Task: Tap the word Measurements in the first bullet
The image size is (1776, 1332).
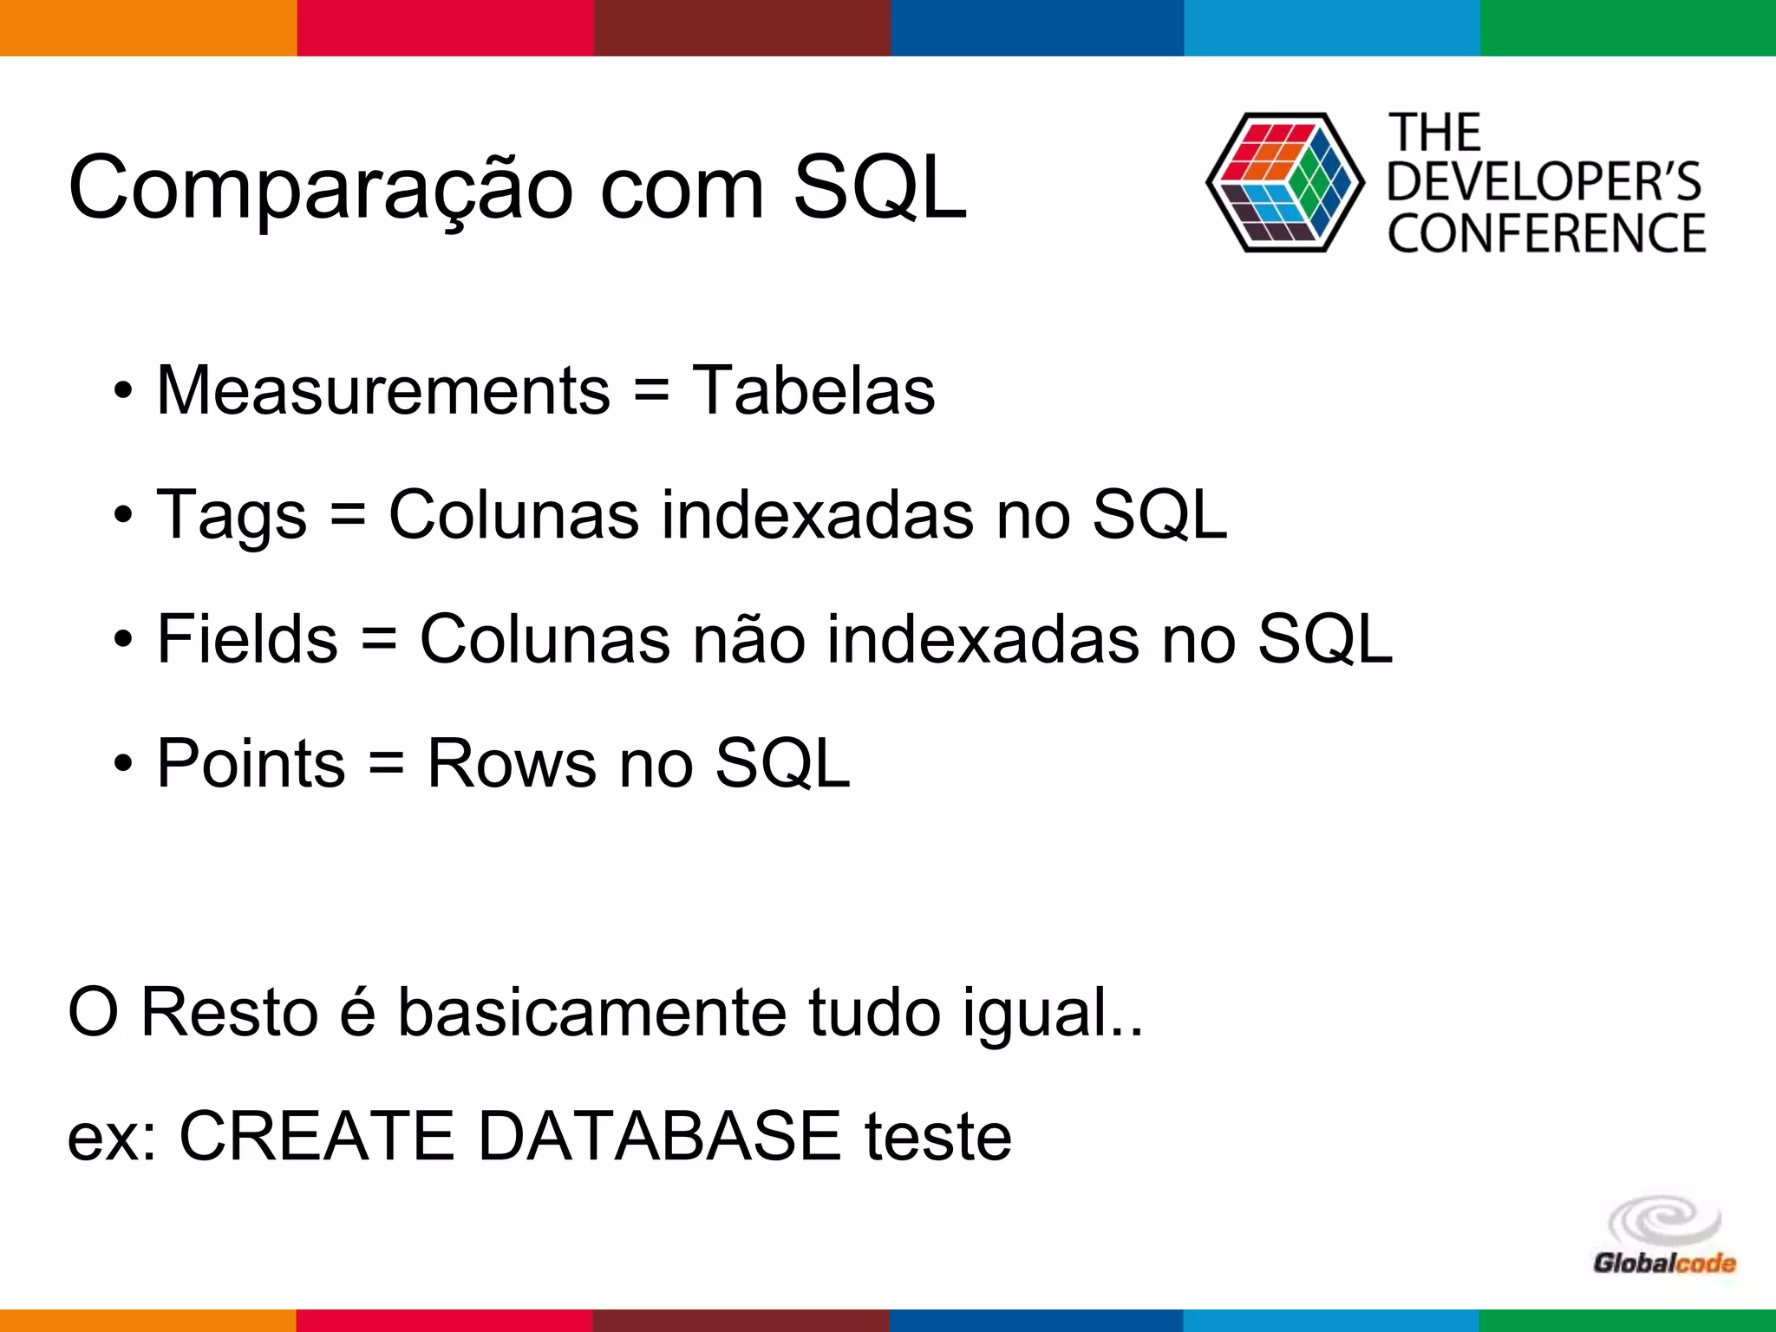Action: coord(383,390)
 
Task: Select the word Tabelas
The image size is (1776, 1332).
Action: coord(813,390)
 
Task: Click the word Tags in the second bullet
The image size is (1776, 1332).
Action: coord(232,516)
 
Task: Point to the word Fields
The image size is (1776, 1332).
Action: coord(247,639)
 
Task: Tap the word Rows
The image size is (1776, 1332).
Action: coord(512,764)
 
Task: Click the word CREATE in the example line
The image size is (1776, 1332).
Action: coord(317,1136)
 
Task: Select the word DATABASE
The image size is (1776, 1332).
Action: coord(659,1136)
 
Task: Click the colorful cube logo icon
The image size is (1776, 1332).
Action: coord(1284,182)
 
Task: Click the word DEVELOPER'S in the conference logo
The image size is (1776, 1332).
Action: coord(1544,182)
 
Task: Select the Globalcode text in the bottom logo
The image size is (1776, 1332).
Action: coord(1664,1263)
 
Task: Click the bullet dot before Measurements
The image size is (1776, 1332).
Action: coord(123,391)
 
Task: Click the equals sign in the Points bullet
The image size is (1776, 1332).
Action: coord(386,764)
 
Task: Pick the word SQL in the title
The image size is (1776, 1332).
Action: coord(879,187)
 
